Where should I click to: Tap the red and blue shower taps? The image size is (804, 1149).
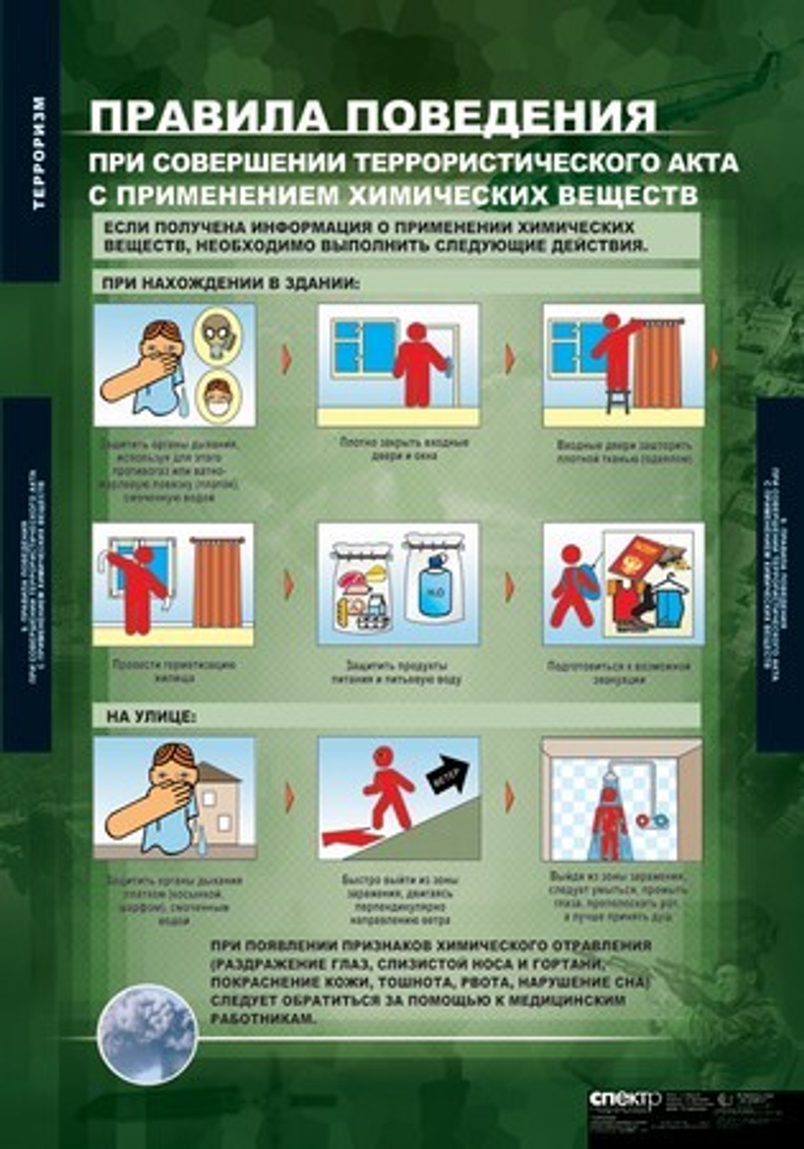[x=653, y=820]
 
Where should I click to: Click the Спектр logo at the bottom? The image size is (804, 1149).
[x=624, y=1099]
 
